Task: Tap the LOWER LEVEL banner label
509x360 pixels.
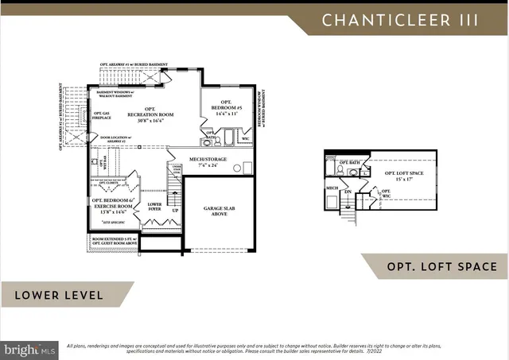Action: (x=58, y=295)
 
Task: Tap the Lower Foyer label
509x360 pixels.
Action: (x=154, y=207)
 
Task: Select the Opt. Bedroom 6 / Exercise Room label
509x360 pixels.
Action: (x=111, y=205)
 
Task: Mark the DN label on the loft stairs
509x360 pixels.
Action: (x=348, y=191)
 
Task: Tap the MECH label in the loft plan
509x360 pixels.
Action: (x=332, y=189)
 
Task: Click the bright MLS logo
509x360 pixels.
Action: (x=30, y=349)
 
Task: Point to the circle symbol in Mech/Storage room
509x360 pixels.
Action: (x=247, y=168)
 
